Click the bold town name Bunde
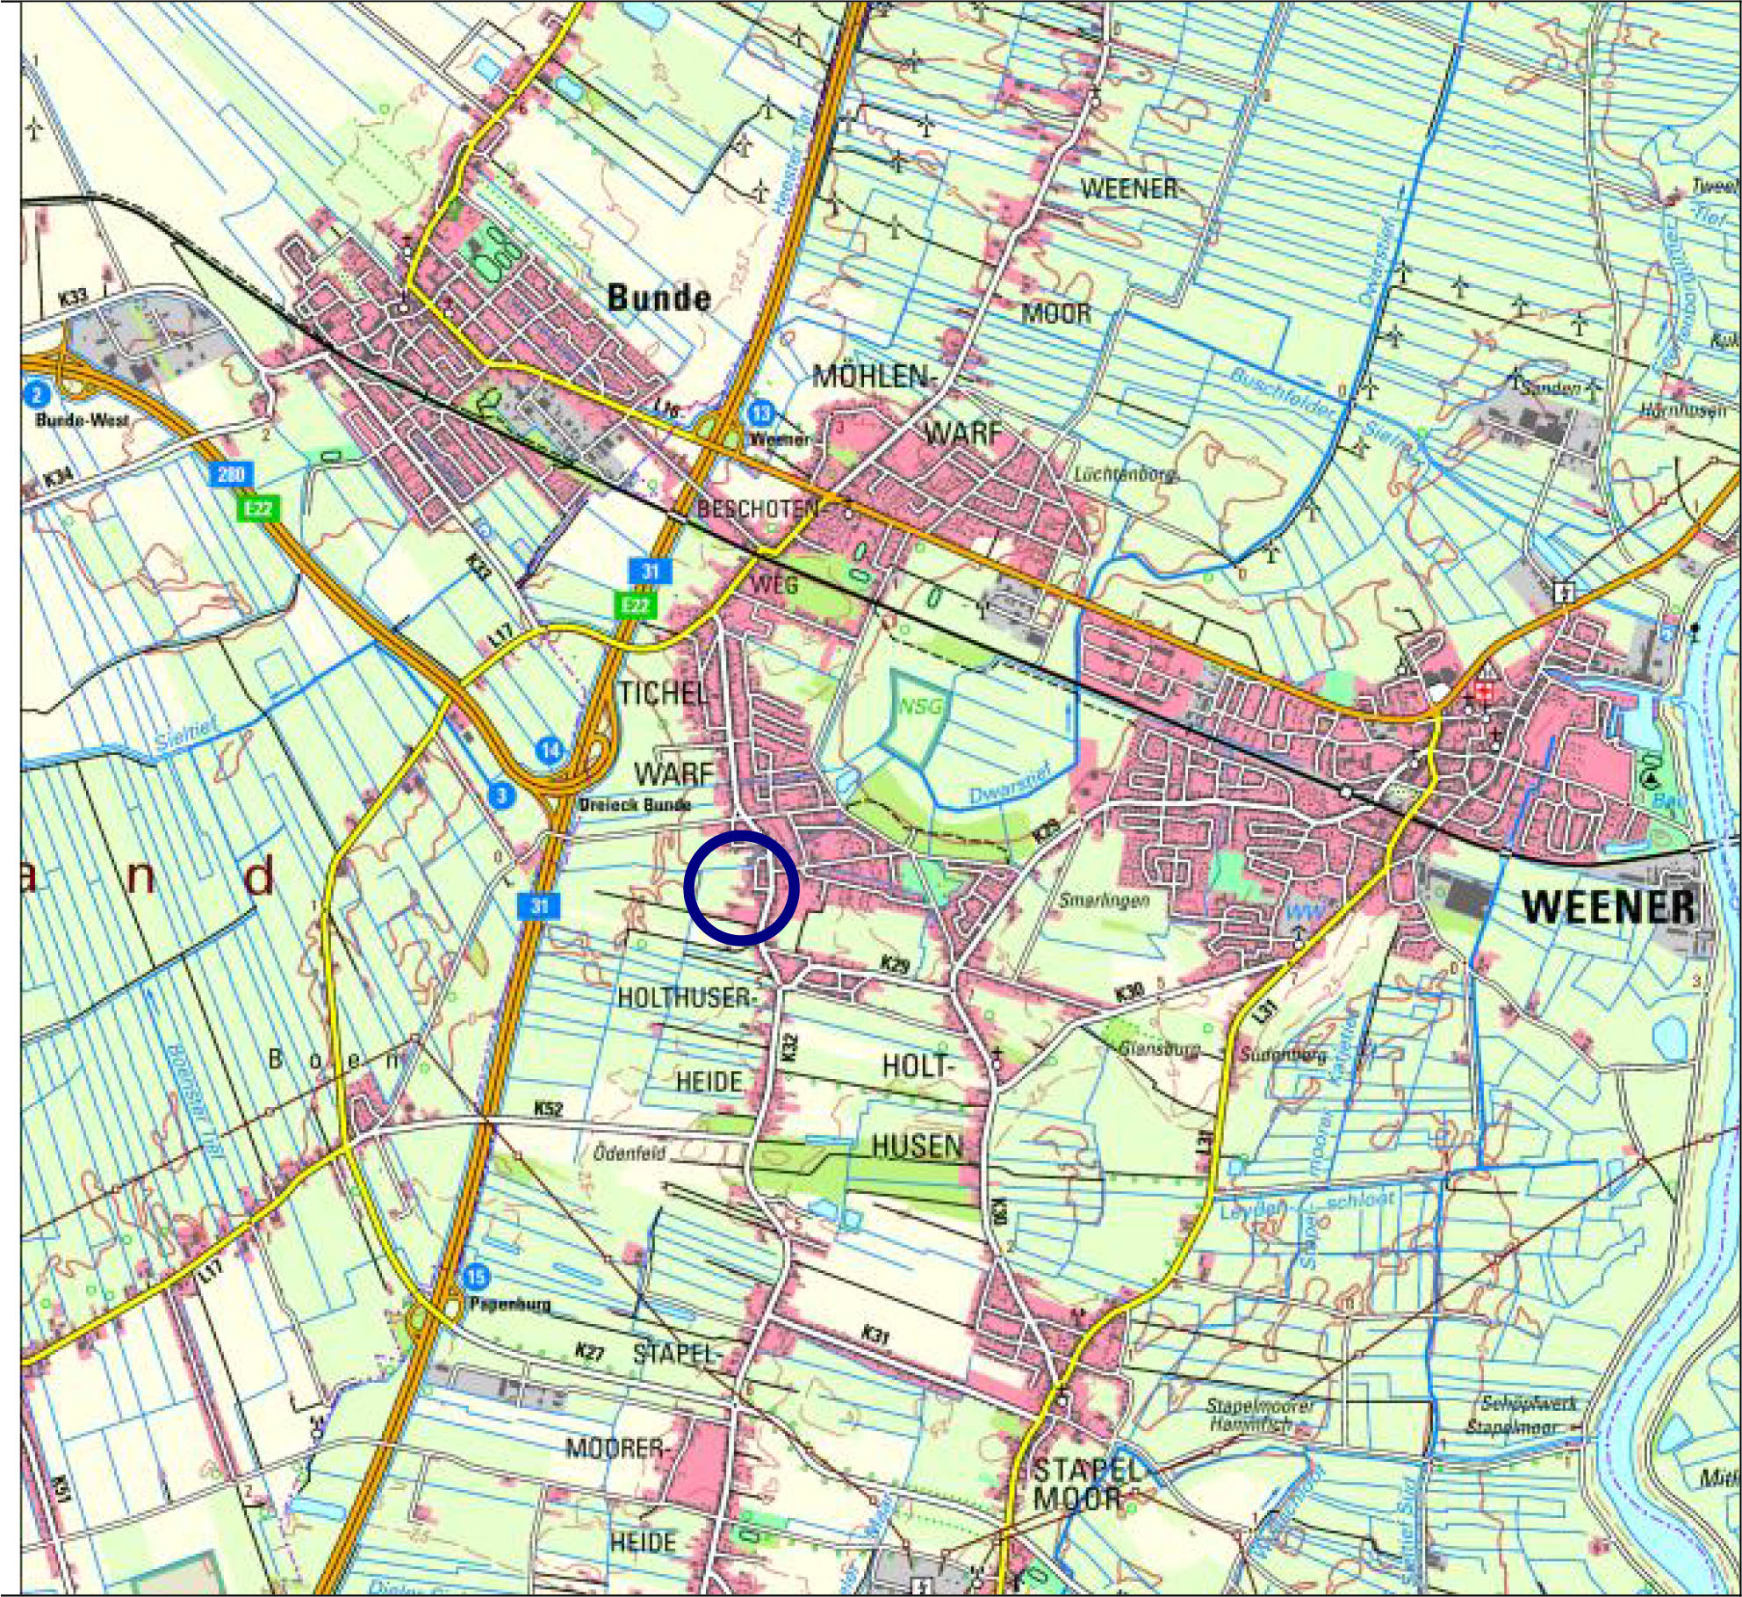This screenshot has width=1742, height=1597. (x=659, y=298)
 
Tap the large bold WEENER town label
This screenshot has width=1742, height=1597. (x=1609, y=907)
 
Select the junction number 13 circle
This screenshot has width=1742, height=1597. (x=761, y=413)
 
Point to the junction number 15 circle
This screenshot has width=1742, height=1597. (x=476, y=1276)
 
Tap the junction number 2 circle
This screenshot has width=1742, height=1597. (x=37, y=395)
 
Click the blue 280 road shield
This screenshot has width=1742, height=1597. (x=231, y=475)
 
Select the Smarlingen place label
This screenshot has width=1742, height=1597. (x=1104, y=900)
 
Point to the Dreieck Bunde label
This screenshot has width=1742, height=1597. (x=635, y=804)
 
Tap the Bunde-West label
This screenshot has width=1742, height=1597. (x=83, y=421)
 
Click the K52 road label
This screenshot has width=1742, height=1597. (x=548, y=1109)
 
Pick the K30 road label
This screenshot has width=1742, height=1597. (x=1130, y=993)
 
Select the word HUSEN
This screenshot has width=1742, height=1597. (x=917, y=1146)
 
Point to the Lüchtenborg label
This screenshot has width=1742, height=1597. (x=1125, y=475)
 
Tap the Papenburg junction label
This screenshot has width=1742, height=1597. (x=510, y=1304)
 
